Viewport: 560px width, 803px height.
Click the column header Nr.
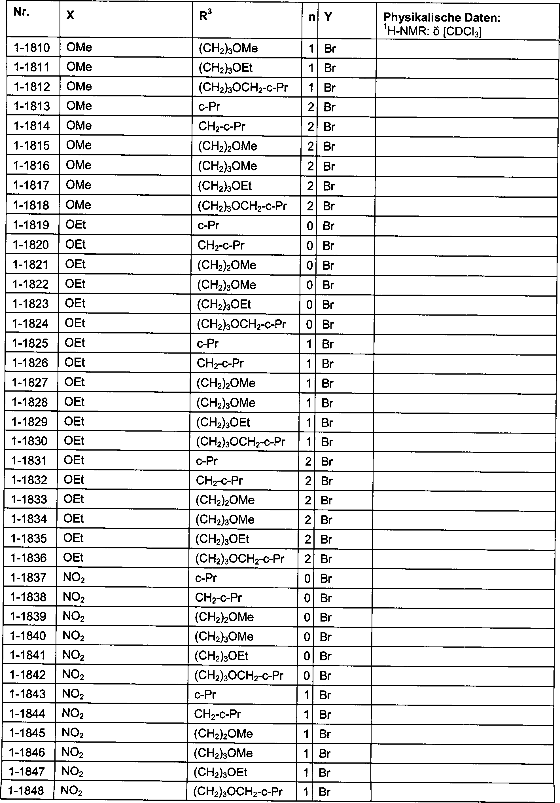[x=21, y=12]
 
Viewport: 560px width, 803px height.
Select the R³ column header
[x=205, y=15]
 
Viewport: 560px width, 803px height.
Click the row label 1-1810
[x=32, y=48]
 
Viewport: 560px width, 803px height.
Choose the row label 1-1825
[x=30, y=343]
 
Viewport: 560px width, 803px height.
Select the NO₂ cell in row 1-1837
[x=74, y=578]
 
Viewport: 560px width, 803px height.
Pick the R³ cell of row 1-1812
[x=243, y=87]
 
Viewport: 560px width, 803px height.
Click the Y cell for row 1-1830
[x=328, y=442]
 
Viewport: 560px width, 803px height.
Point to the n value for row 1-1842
[x=307, y=676]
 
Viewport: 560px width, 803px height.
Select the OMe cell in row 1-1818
[x=78, y=205]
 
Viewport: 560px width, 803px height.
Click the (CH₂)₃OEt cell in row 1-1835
[x=222, y=539]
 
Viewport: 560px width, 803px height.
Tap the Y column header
[x=328, y=16]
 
